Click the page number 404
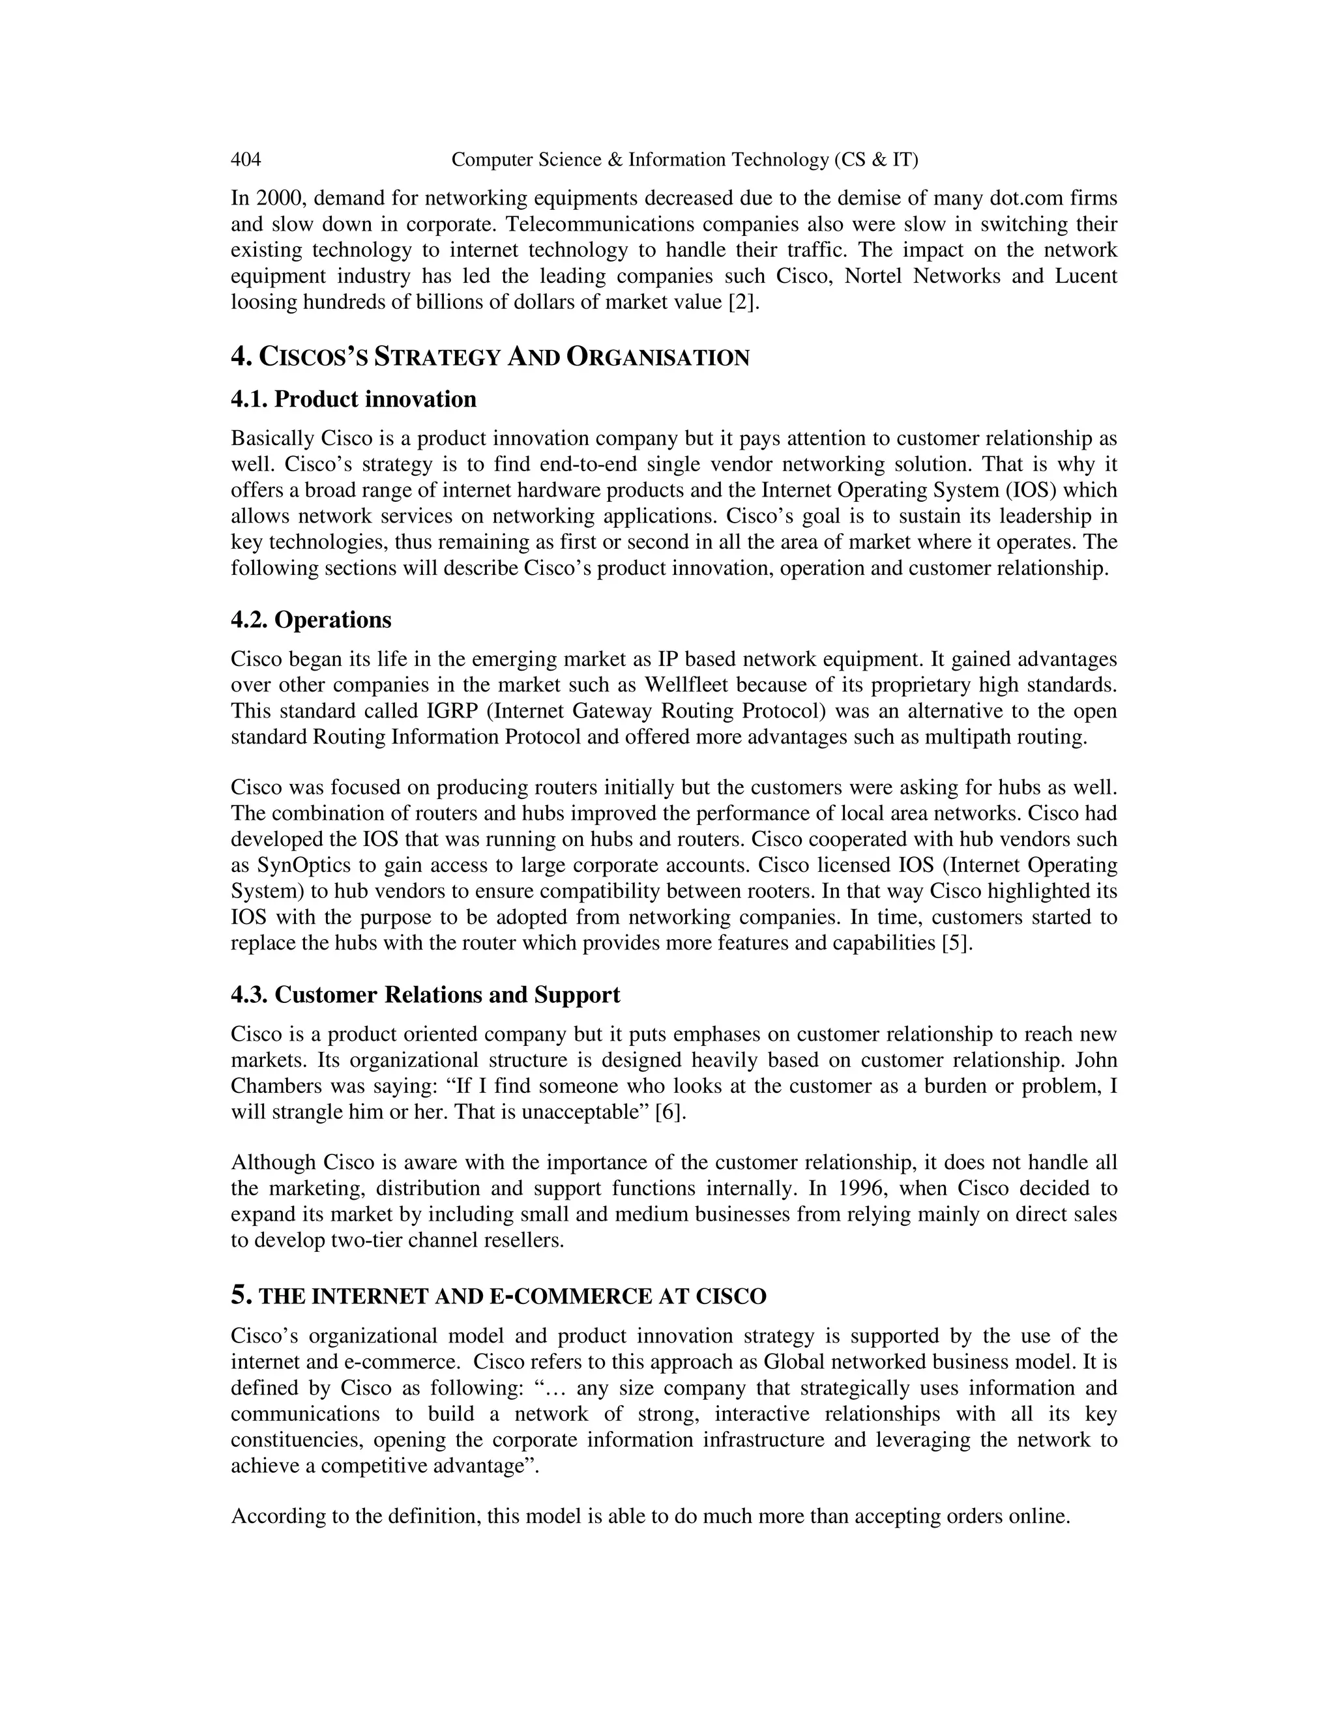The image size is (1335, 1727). point(245,160)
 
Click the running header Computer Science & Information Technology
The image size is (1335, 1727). point(684,160)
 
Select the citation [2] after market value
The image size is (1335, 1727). point(742,302)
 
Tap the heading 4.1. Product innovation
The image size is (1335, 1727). point(353,399)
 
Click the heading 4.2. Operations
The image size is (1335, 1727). point(311,620)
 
